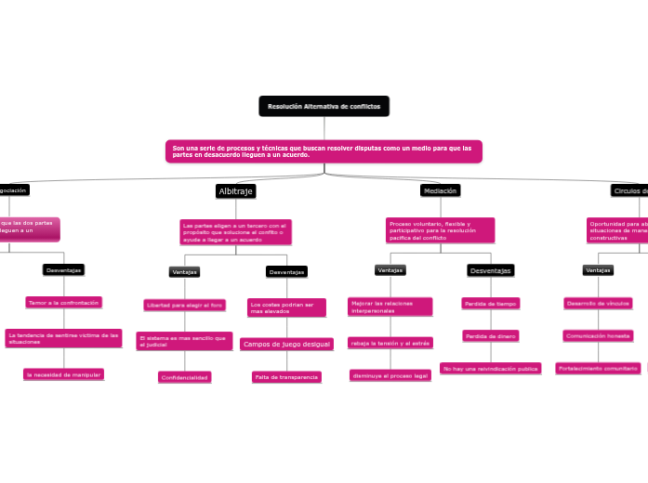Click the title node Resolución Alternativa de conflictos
tap(324, 107)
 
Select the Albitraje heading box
tap(235, 191)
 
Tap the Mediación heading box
tap(440, 190)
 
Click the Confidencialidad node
tap(185, 377)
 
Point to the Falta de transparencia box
tap(286, 377)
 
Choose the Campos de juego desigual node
tap(286, 345)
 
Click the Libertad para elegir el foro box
tap(184, 305)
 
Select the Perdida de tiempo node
tap(490, 304)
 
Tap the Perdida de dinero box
tap(490, 336)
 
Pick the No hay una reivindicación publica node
tap(490, 369)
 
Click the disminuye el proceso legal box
tap(390, 376)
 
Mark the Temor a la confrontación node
tap(63, 303)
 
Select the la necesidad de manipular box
tap(63, 374)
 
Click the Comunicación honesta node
tap(599, 336)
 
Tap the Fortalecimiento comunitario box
tap(599, 369)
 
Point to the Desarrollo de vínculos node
tap(599, 303)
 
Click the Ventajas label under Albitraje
tap(184, 272)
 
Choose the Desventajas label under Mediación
tap(490, 270)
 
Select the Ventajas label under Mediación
tap(390, 270)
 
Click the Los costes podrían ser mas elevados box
tap(286, 307)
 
